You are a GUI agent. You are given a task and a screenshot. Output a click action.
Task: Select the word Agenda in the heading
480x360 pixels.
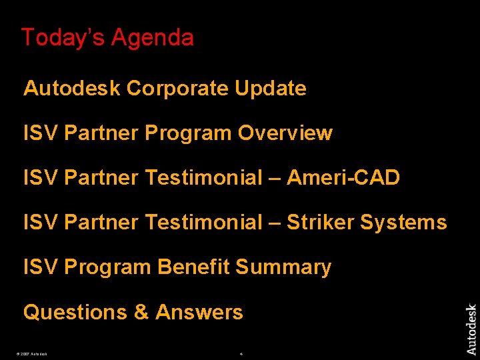pyautogui.click(x=152, y=38)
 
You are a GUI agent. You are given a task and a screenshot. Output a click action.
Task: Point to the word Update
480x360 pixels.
pyautogui.click(x=271, y=88)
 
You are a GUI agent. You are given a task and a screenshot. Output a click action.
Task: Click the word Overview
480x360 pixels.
pyautogui.click(x=285, y=133)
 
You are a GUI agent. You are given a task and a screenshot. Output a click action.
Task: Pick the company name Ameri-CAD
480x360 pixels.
pyautogui.click(x=343, y=177)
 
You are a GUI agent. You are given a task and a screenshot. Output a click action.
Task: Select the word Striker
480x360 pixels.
pyautogui.click(x=320, y=222)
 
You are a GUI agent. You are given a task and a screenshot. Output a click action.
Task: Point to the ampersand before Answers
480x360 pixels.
pyautogui.click(x=141, y=312)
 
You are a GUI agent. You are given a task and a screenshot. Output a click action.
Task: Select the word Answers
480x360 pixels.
pyautogui.click(x=199, y=312)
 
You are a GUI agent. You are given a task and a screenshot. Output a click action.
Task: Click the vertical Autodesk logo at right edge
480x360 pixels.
pyautogui.click(x=471, y=329)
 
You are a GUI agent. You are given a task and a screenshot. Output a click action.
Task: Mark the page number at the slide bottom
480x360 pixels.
pyautogui.click(x=240, y=353)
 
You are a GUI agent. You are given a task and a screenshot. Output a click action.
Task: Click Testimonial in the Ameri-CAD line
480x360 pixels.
pyautogui.click(x=203, y=177)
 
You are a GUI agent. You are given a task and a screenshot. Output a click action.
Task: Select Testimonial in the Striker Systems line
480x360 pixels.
pyautogui.click(x=203, y=222)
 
